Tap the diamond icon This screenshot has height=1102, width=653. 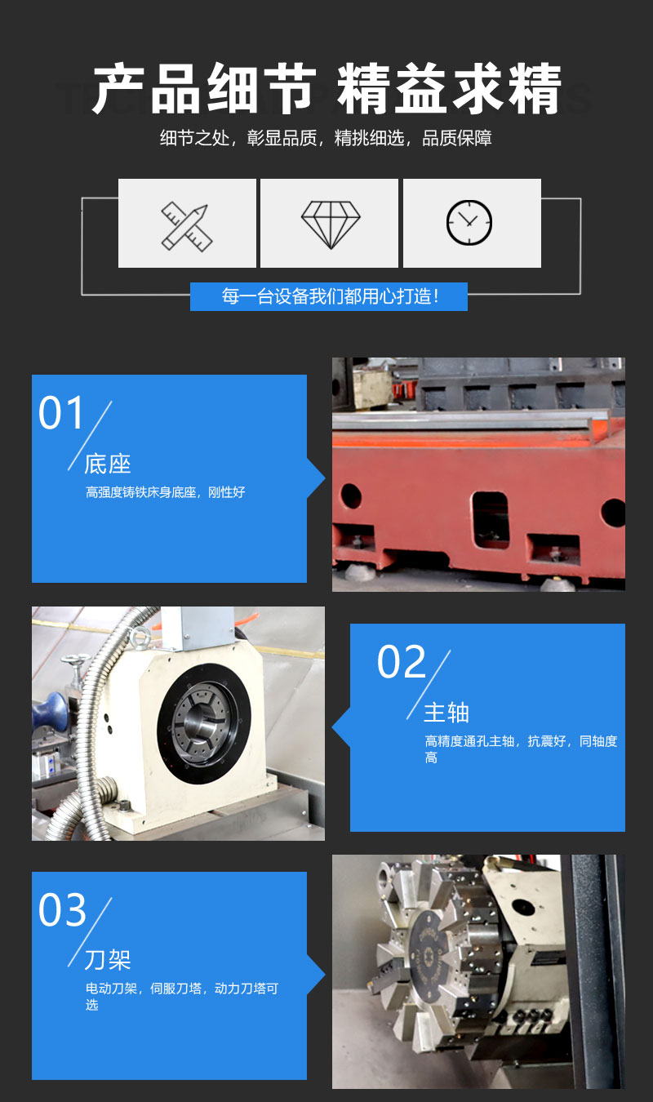tap(330, 224)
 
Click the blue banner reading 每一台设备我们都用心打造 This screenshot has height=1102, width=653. tap(329, 296)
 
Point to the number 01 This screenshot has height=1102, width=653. tap(62, 413)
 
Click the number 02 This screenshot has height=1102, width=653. tap(401, 662)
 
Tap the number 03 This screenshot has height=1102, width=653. tap(62, 910)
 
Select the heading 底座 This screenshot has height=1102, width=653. tap(108, 464)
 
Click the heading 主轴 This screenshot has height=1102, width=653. tap(446, 713)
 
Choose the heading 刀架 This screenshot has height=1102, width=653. tap(108, 959)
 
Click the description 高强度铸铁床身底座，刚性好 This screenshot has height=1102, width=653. tap(166, 492)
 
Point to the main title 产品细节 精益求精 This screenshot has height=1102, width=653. tap(326, 89)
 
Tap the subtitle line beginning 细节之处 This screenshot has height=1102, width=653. tap(326, 138)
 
